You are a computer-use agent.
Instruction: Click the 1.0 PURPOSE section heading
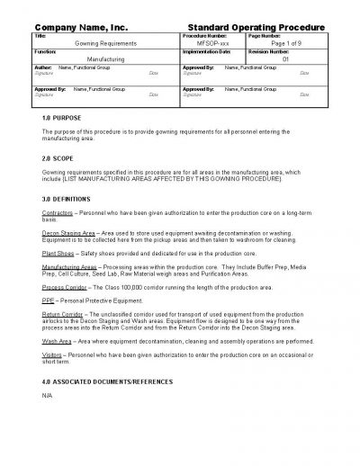pyautogui.click(x=62, y=118)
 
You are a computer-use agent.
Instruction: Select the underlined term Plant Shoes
pyautogui.click(x=58, y=255)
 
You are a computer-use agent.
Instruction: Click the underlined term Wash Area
pyautogui.click(x=58, y=341)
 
